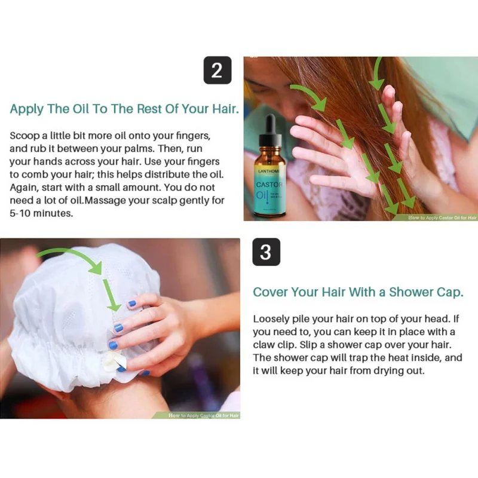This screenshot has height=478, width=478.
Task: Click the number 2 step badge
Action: [x=217, y=71]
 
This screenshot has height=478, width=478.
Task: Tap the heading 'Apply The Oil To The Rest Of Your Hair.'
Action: [x=124, y=109]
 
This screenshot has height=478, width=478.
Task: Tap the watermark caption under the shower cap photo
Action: [x=203, y=414]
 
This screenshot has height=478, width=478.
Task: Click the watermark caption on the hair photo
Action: [x=442, y=217]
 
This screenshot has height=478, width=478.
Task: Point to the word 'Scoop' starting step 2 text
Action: [x=24, y=136]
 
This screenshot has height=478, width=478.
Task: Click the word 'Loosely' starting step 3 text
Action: [x=271, y=319]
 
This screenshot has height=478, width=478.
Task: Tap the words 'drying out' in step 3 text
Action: [x=399, y=370]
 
